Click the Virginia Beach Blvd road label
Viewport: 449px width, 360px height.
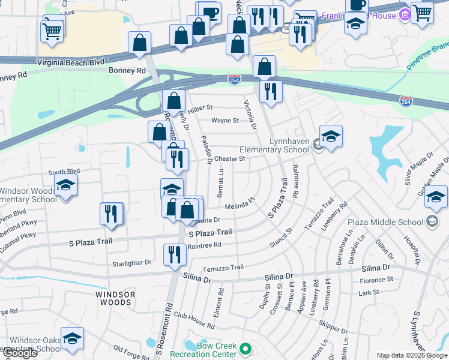pos(70,61)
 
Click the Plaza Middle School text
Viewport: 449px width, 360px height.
pos(393,222)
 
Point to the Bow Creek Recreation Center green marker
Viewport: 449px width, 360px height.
pos(245,349)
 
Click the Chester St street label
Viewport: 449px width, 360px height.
pos(230,159)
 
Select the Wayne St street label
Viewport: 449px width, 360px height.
pos(225,120)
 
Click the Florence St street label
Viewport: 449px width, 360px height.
pos(376,280)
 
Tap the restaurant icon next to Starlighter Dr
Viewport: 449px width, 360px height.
pos(175,254)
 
